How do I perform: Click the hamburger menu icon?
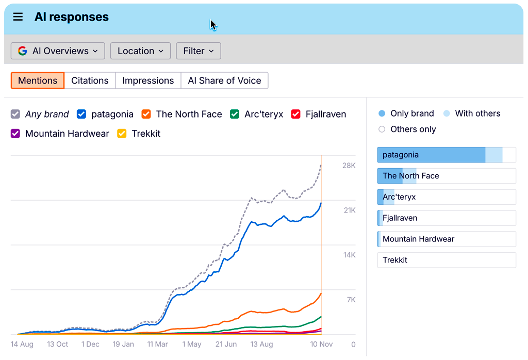[18, 17]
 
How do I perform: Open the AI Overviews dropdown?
[58, 51]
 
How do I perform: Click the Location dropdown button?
[140, 51]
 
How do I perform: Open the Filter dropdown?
[199, 51]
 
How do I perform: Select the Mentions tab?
[38, 80]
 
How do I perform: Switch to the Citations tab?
[90, 80]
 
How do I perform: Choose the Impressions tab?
[148, 80]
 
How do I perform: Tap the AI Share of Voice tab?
[224, 80]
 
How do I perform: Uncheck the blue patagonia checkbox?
[81, 114]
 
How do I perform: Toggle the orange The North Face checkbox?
[146, 114]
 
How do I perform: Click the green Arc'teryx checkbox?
[235, 114]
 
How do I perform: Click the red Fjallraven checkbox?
[295, 114]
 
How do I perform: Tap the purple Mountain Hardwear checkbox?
[15, 134]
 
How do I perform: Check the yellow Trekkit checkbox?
[122, 134]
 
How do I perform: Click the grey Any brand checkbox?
[15, 114]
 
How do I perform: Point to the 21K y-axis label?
[349, 210]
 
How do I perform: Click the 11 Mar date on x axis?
[157, 344]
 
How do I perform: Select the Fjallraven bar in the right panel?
[447, 218]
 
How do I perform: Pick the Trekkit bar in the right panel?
[447, 260]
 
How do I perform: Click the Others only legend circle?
[382, 129]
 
